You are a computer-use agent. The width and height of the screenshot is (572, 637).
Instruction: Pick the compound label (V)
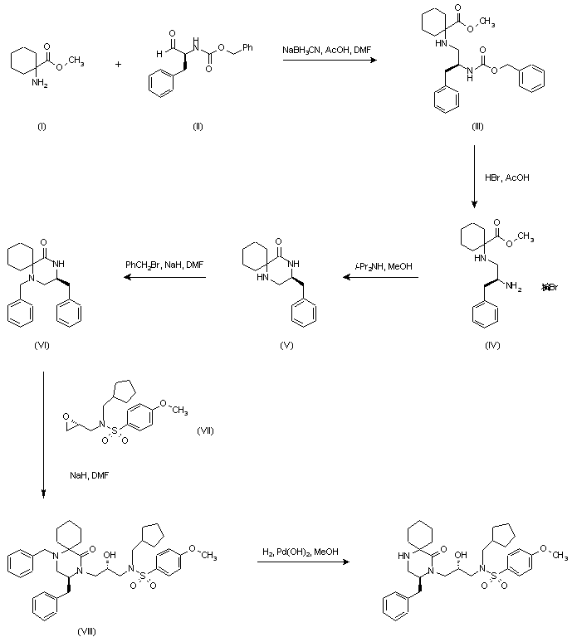[286, 343]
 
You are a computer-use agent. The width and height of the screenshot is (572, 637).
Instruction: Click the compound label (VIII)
[86, 631]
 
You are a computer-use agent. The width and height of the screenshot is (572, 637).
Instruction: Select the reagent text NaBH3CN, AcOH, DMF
[327, 51]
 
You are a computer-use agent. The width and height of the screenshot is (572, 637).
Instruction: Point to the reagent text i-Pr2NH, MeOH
[385, 265]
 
